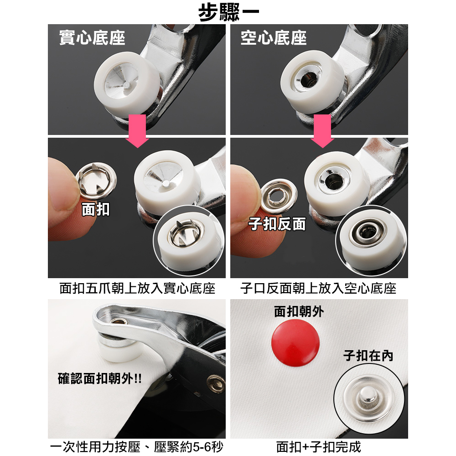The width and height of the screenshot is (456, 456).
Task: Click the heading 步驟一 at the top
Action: click(228, 12)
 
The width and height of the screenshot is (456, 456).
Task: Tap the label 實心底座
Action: click(92, 38)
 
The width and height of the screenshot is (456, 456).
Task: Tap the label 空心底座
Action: click(273, 38)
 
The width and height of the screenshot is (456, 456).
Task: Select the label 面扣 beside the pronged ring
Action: click(96, 209)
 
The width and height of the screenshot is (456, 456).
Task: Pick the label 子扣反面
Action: click(277, 224)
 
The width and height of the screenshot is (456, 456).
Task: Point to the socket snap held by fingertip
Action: click(279, 196)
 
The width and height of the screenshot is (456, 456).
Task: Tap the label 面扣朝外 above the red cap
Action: click(299, 312)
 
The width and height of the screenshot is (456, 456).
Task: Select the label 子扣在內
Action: click(368, 355)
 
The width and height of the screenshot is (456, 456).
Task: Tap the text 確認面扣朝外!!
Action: click(99, 378)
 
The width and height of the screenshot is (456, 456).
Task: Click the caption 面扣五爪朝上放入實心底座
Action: click(137, 289)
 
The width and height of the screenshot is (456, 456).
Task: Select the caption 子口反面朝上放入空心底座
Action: click(318, 289)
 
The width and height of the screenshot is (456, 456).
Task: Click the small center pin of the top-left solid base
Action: click(127, 85)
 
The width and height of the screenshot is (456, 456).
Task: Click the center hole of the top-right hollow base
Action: click(307, 79)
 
